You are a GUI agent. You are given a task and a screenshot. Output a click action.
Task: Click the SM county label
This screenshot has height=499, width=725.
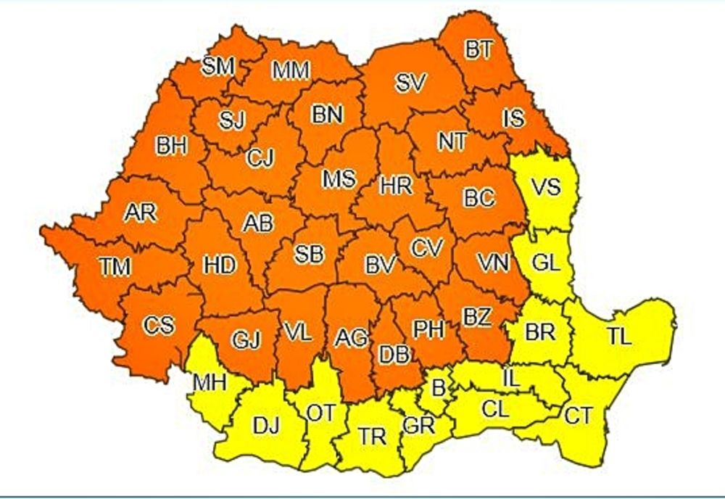[218, 66]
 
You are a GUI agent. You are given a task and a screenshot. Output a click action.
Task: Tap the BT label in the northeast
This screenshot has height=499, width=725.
[478, 49]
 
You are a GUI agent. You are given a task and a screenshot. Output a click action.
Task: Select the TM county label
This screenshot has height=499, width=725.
[115, 267]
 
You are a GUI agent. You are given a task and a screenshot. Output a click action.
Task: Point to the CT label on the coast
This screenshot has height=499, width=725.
[579, 416]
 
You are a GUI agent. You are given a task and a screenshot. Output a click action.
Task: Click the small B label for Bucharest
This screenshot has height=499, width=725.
[437, 388]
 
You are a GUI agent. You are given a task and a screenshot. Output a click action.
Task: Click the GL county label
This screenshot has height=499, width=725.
[545, 264]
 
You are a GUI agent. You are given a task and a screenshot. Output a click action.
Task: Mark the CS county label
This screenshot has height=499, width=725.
[159, 326]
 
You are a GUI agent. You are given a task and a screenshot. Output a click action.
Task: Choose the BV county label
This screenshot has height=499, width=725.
[380, 265]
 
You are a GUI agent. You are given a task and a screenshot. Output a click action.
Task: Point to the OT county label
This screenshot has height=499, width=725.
[321, 413]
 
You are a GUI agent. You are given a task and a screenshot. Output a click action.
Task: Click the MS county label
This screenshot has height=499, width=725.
[339, 178]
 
